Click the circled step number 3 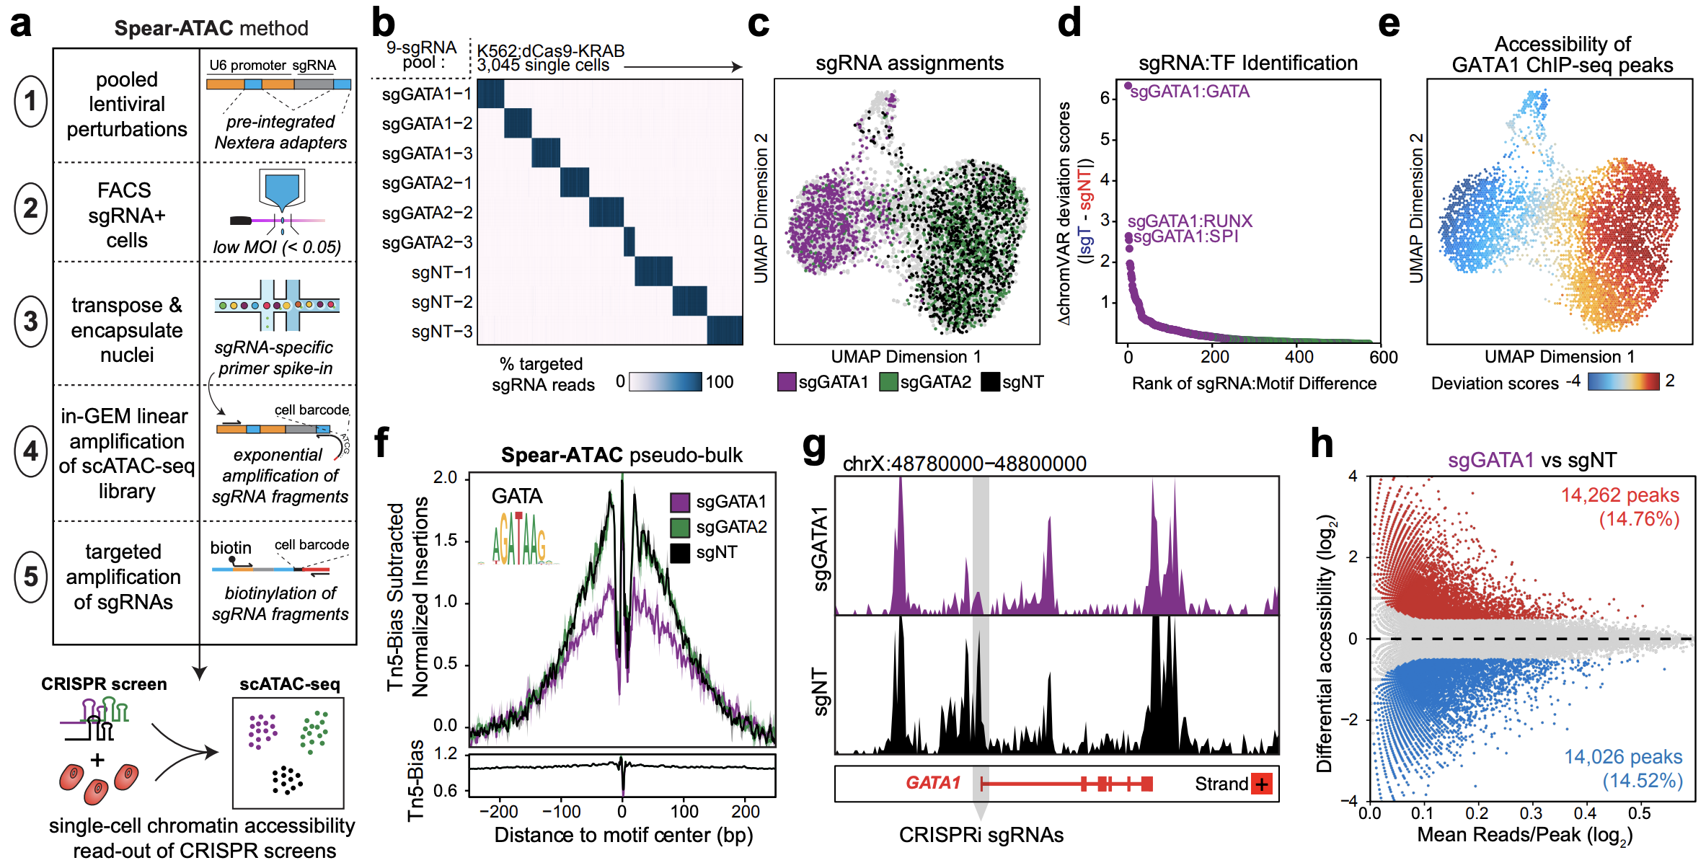[x=30, y=322]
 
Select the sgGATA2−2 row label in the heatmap [x=427, y=213]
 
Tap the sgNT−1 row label [x=441, y=273]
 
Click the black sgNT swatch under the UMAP [x=990, y=382]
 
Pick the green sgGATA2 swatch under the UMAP [x=888, y=382]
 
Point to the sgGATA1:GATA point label [x=1190, y=92]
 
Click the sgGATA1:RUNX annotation [x=1190, y=221]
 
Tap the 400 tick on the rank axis [x=1299, y=357]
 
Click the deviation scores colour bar [x=1623, y=381]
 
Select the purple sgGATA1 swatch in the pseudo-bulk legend [x=680, y=502]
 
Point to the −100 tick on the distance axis [x=561, y=812]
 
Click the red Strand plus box [x=1261, y=784]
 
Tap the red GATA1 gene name [x=933, y=783]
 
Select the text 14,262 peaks [x=1619, y=495]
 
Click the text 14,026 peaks [x=1622, y=757]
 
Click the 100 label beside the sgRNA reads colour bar [x=719, y=382]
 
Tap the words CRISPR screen [x=104, y=683]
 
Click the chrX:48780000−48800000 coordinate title [x=964, y=464]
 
